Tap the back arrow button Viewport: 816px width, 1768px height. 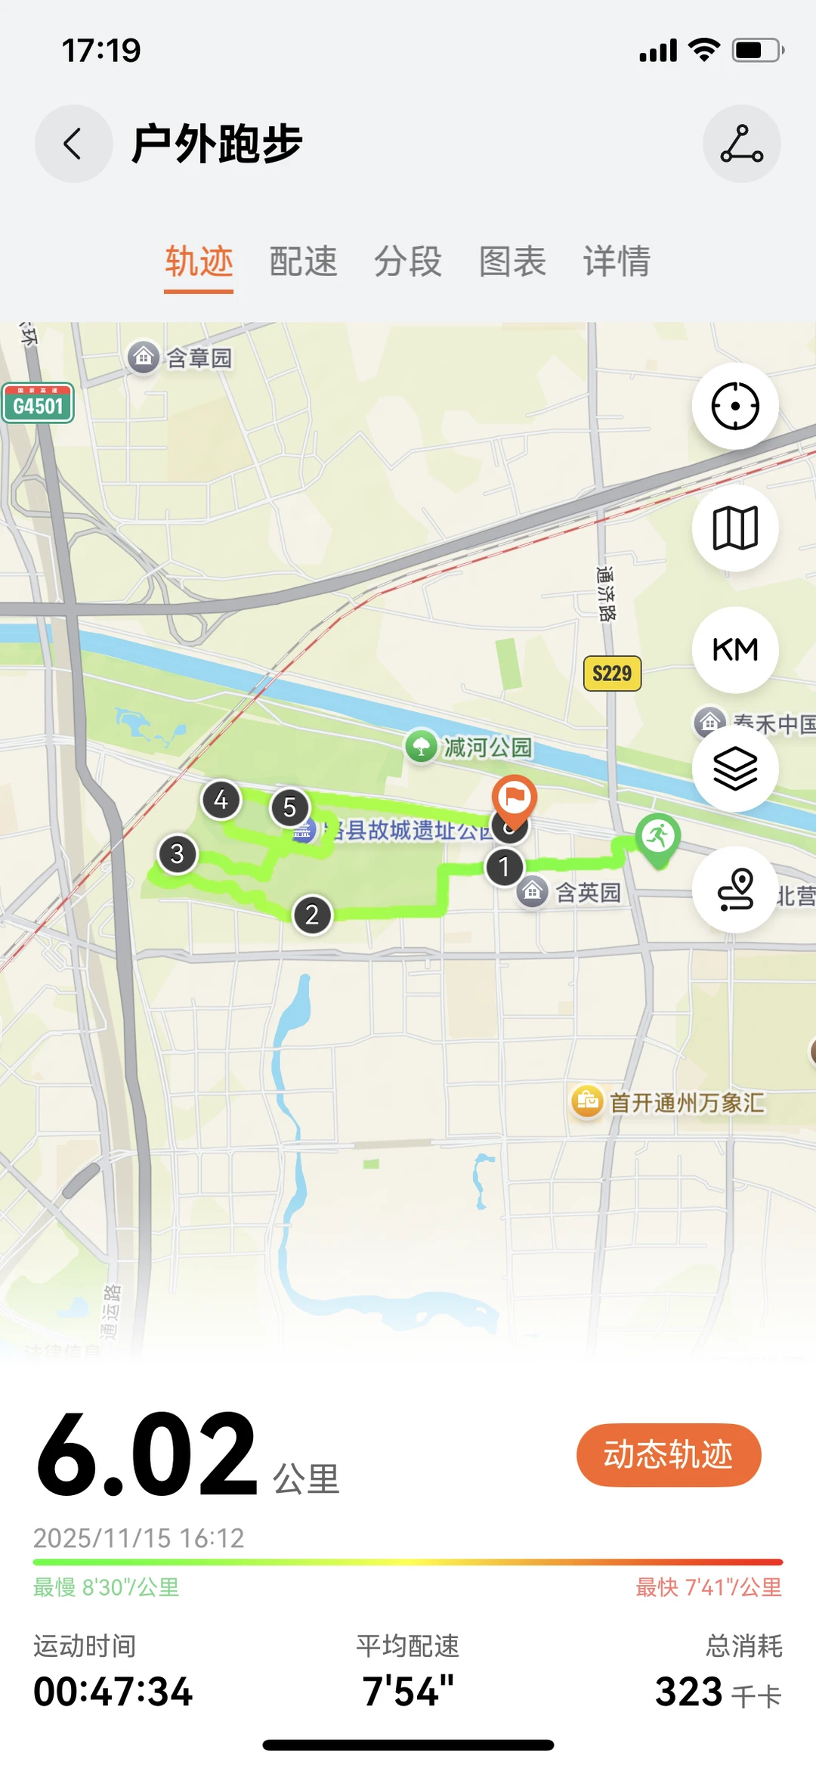click(73, 144)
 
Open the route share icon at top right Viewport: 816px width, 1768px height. click(741, 144)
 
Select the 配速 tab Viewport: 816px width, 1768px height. click(303, 262)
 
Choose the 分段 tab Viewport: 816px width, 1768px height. click(408, 262)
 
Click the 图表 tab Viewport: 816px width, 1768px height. click(512, 262)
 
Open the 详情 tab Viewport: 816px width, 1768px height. click(617, 262)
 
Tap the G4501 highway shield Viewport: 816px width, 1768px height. click(38, 404)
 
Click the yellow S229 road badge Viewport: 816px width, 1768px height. click(612, 673)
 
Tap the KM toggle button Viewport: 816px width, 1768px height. click(734, 649)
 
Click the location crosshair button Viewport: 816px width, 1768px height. click(734, 406)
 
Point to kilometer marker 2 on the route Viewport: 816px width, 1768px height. click(312, 915)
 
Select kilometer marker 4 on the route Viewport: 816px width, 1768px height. click(221, 800)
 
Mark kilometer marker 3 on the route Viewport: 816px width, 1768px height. click(177, 854)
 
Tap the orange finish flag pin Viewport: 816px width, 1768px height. click(515, 798)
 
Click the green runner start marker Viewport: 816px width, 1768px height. click(658, 838)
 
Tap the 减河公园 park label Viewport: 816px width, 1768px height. click(487, 748)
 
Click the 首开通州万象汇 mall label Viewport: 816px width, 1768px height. click(686, 1102)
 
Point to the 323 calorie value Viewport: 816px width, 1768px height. click(688, 1692)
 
